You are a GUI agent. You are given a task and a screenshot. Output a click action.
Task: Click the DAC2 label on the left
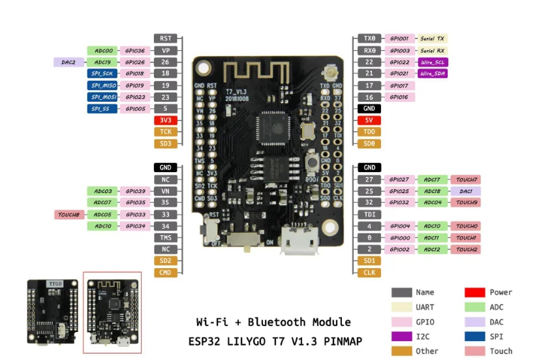pyautogui.click(x=69, y=62)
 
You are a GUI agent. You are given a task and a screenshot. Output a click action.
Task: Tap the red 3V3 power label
pyautogui.click(x=165, y=120)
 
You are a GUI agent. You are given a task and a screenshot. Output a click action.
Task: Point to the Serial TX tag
pyautogui.click(x=431, y=38)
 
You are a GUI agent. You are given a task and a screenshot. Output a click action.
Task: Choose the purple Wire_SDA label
pyautogui.click(x=431, y=74)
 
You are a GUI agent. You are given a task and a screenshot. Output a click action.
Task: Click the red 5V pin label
pyautogui.click(x=369, y=120)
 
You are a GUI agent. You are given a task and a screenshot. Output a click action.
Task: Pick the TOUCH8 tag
pyautogui.click(x=69, y=215)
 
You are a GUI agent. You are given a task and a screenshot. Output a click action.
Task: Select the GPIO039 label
pyautogui.click(x=134, y=191)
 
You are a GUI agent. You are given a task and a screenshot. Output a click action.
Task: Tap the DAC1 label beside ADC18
pyautogui.click(x=465, y=191)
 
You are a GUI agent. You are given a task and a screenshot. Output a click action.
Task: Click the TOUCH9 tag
pyautogui.click(x=465, y=203)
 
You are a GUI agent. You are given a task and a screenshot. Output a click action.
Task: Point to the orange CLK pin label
pyautogui.click(x=369, y=273)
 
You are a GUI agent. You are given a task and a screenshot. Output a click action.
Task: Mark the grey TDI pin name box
pyautogui.click(x=369, y=215)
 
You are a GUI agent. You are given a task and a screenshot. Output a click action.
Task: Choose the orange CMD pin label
pyautogui.click(x=165, y=273)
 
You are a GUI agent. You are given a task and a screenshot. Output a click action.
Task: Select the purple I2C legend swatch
pyautogui.click(x=401, y=337)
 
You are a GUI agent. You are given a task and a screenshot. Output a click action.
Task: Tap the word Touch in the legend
pyautogui.click(x=501, y=351)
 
